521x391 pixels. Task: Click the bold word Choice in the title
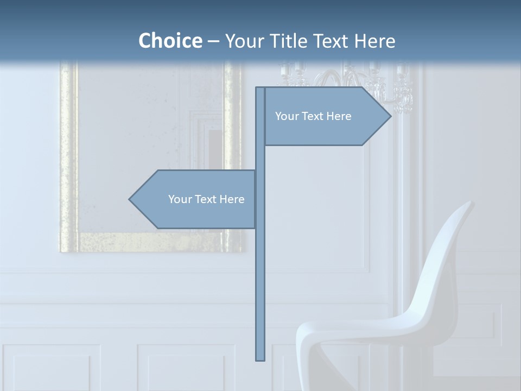click(x=170, y=41)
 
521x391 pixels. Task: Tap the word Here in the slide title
click(x=374, y=41)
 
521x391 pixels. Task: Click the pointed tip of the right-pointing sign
click(x=389, y=116)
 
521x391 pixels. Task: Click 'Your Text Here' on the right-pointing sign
click(x=313, y=116)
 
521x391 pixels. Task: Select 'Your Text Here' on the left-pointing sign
click(x=206, y=199)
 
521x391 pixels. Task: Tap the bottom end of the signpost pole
click(x=260, y=358)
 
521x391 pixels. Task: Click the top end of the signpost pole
click(x=260, y=89)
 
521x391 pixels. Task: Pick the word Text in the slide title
click(x=331, y=41)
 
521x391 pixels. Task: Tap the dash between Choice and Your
click(x=213, y=41)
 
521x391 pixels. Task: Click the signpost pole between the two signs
click(x=260, y=157)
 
